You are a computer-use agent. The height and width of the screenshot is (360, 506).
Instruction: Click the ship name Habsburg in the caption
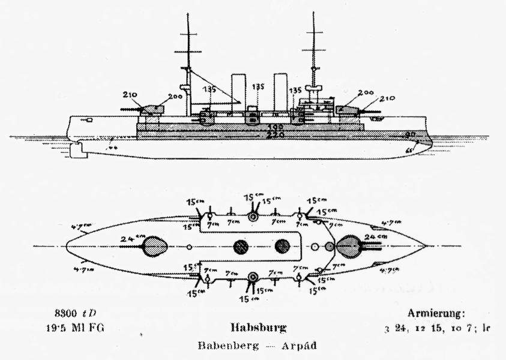258,328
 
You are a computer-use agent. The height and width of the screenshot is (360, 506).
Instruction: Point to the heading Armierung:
436,313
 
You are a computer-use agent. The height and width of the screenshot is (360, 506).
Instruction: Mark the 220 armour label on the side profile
276,136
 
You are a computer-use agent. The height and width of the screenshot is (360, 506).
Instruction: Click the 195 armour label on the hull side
276,127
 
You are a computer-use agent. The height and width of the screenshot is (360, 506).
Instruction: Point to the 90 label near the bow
411,134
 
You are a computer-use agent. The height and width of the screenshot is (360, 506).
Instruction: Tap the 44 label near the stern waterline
112,146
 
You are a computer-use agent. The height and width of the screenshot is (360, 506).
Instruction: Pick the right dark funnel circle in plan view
282,246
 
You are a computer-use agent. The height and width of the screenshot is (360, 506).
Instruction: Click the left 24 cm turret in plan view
155,246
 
